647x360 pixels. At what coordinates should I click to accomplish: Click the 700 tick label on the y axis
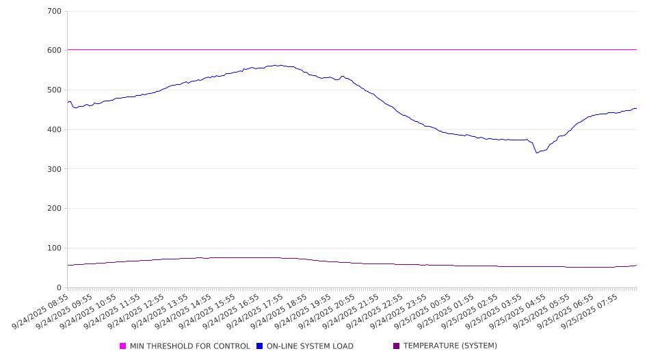(55, 12)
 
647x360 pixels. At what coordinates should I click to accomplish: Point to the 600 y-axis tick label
(55, 51)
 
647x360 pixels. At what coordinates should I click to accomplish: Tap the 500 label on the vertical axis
(55, 90)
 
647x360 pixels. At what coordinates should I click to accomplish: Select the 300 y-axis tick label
(55, 169)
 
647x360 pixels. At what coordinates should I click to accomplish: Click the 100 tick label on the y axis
(55, 248)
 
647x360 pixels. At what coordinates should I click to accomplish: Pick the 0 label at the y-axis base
(59, 288)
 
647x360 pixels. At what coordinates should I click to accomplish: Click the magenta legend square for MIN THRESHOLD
(123, 346)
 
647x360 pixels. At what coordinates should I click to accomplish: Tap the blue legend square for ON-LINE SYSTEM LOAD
(260, 346)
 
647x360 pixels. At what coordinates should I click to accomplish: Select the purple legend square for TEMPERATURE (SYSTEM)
(397, 346)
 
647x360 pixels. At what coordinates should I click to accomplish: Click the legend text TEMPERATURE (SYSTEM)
(450, 346)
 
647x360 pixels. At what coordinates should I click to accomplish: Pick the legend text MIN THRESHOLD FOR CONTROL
(190, 346)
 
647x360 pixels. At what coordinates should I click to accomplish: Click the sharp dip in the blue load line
(537, 153)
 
